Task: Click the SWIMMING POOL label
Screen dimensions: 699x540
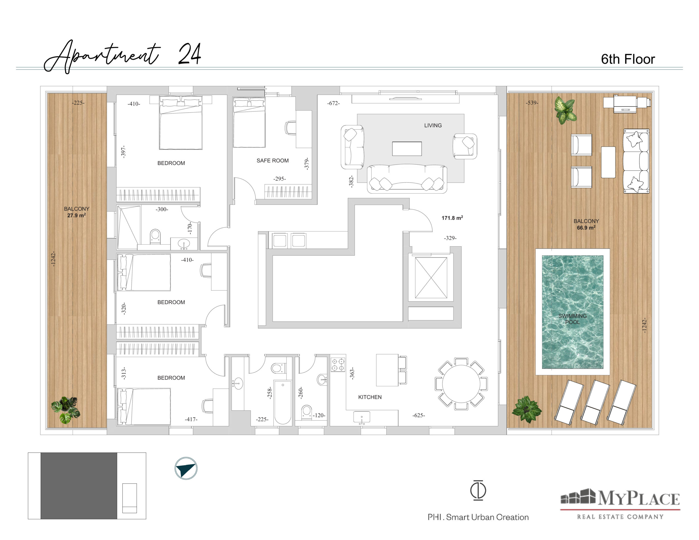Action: (572, 319)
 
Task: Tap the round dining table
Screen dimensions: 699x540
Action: (461, 384)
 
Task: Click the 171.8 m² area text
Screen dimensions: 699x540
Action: (452, 218)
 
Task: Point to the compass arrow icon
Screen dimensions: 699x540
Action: (186, 468)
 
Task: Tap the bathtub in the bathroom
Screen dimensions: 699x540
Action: (283, 402)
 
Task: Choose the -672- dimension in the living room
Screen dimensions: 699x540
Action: (333, 103)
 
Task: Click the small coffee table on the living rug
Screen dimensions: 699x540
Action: (407, 149)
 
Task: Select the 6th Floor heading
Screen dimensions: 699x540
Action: (628, 59)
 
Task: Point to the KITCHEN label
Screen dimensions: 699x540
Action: (370, 397)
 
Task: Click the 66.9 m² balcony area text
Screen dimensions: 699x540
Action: (586, 228)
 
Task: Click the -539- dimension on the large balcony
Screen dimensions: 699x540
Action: (532, 103)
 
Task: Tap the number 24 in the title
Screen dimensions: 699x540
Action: (189, 54)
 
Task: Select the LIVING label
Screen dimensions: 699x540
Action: (433, 126)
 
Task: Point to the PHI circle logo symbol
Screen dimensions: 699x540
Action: (478, 490)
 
